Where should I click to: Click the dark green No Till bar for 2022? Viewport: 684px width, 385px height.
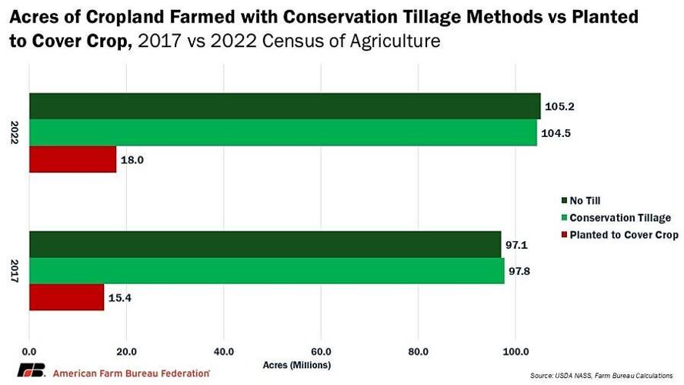[x=285, y=106]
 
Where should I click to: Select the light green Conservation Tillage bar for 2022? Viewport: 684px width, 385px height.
[x=283, y=132]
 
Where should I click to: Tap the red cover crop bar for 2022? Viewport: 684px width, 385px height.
[x=73, y=159]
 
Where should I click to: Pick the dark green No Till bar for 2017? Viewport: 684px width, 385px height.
[x=265, y=244]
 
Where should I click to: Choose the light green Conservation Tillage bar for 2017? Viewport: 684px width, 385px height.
[x=267, y=270]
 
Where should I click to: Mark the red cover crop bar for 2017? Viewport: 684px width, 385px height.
[x=67, y=296]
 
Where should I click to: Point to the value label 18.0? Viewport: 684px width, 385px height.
[x=135, y=159]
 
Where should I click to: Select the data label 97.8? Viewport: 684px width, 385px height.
[x=524, y=270]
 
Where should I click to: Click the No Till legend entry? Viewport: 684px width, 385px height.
[x=585, y=201]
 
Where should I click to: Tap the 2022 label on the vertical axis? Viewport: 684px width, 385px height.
[x=15, y=132]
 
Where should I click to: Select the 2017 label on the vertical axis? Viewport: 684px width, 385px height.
[x=15, y=270]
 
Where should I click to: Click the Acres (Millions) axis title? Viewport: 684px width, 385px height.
[x=296, y=364]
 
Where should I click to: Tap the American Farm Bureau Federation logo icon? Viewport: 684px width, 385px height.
[x=32, y=371]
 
